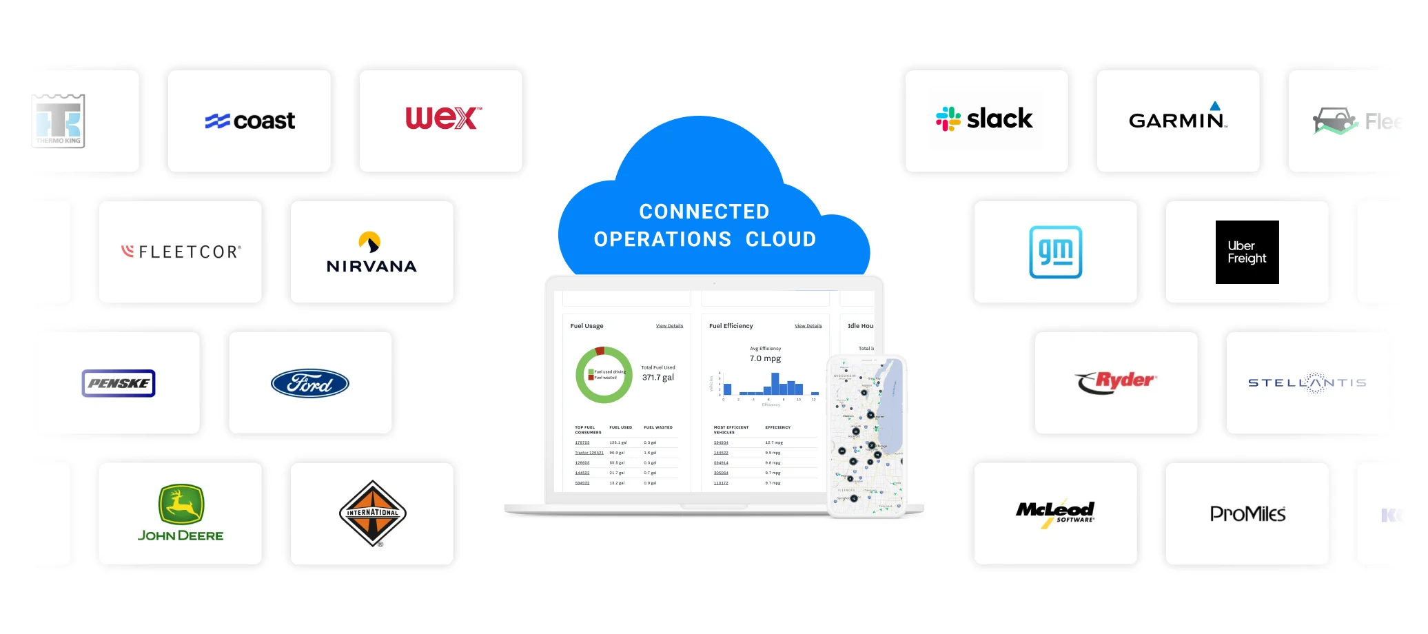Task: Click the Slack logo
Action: [x=985, y=119]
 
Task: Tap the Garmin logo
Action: [x=1178, y=119]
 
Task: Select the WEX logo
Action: [x=443, y=119]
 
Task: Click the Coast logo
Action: [x=250, y=121]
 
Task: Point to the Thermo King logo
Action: [x=59, y=121]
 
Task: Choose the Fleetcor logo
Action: [x=181, y=252]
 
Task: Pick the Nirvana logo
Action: [x=371, y=253]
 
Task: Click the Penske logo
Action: [x=119, y=383]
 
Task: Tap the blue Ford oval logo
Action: [x=310, y=383]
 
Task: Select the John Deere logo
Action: [x=181, y=513]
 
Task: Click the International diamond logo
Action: [x=372, y=513]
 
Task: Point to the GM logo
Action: [x=1055, y=252]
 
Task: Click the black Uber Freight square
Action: [x=1247, y=252]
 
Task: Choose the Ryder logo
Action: [x=1116, y=382]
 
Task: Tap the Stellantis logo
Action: [x=1307, y=382]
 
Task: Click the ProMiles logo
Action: [x=1247, y=514]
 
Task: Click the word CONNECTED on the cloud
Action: [x=704, y=212]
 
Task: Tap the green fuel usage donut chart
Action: [x=604, y=375]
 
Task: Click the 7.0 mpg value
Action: [x=765, y=359]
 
